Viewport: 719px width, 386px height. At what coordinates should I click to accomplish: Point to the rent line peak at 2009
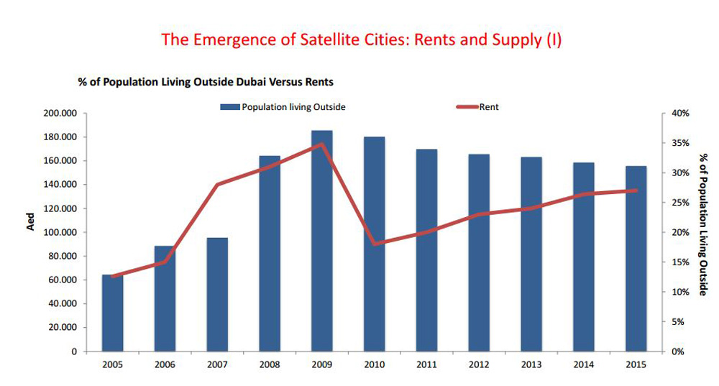(x=322, y=144)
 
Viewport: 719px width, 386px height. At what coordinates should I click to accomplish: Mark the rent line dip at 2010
(x=375, y=244)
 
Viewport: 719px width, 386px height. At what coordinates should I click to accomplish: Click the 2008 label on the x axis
(x=270, y=364)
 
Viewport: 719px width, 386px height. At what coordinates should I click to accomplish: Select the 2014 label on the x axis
(x=583, y=364)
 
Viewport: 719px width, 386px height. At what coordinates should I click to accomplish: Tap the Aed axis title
(x=31, y=222)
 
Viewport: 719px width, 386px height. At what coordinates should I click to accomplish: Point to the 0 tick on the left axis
(x=74, y=351)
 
